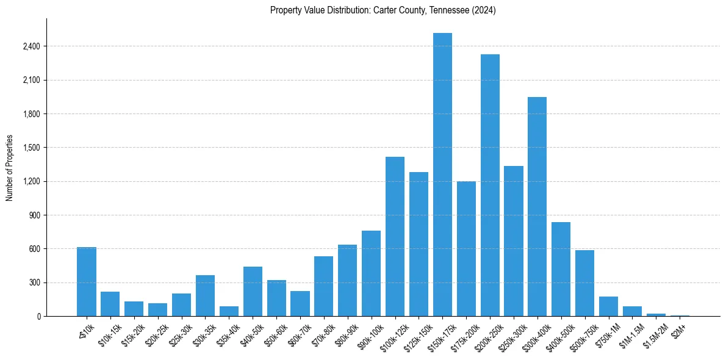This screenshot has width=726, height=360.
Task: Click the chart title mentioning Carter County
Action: tap(383, 10)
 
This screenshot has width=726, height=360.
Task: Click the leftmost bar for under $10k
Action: tap(87, 281)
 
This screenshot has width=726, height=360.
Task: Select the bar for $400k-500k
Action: tap(561, 269)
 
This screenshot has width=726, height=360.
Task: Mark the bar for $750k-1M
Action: tap(608, 306)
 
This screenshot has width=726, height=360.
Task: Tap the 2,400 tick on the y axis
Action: tap(30, 46)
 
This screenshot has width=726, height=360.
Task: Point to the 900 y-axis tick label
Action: tap(34, 215)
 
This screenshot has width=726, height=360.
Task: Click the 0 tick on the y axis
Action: tap(38, 317)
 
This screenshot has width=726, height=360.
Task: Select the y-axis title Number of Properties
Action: tap(10, 168)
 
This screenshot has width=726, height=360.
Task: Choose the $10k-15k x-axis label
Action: tap(109, 334)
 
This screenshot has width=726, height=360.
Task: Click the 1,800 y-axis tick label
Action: tap(30, 114)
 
